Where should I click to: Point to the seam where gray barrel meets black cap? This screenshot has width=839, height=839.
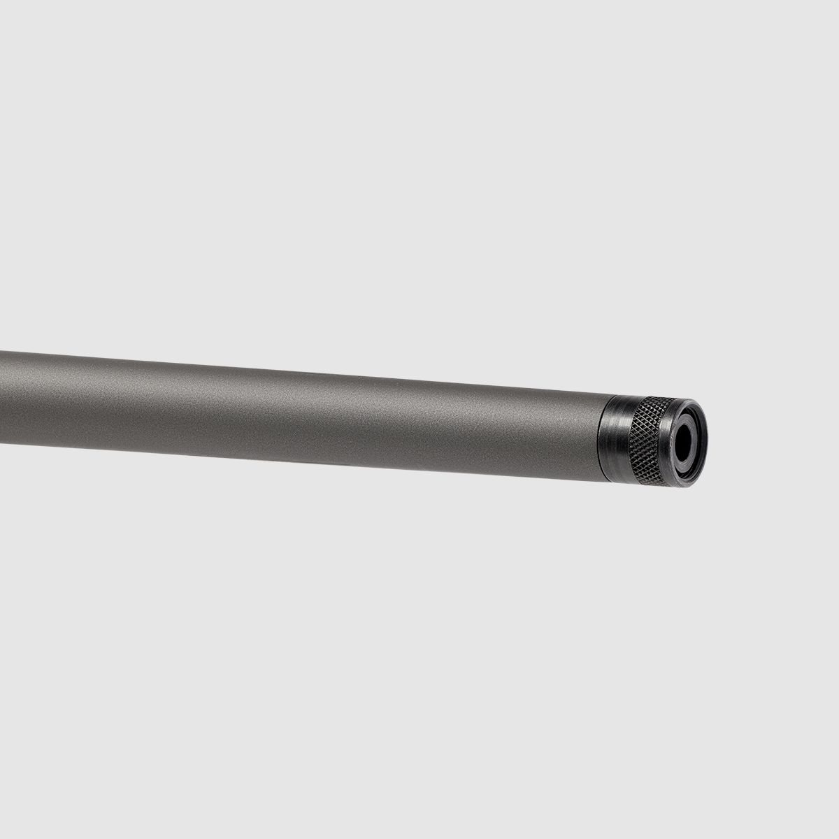602,438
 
